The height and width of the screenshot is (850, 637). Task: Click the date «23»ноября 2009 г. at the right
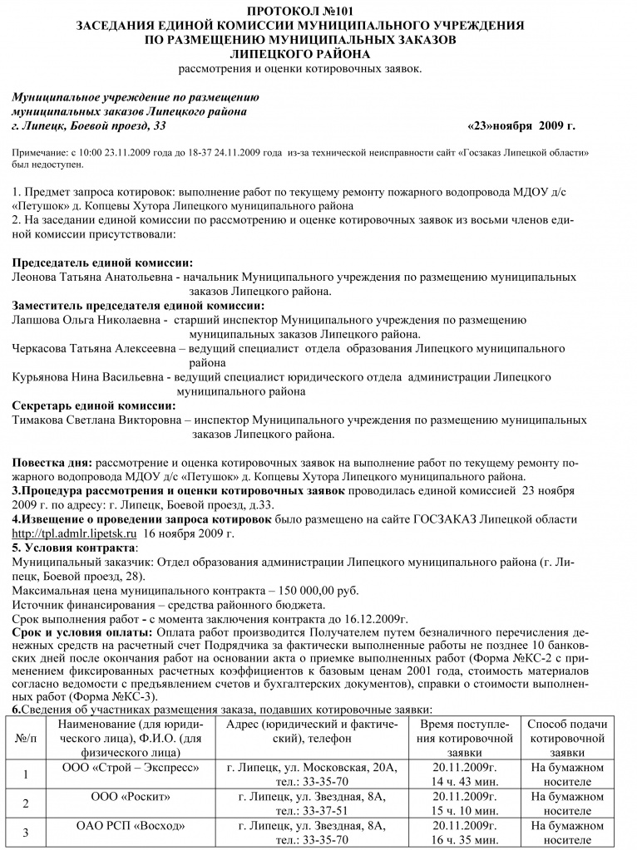pos(521,125)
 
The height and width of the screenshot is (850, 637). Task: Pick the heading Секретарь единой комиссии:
pos(94,405)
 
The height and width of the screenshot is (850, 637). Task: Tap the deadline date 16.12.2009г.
pos(372,619)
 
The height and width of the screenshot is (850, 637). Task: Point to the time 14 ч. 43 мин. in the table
pos(465,782)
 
